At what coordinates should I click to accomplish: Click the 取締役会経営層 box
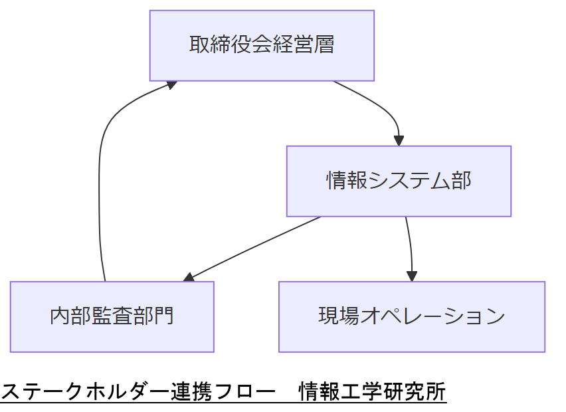pyautogui.click(x=262, y=45)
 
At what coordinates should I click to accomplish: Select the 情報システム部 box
pyautogui.click(x=399, y=181)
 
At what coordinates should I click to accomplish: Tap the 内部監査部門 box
pyautogui.click(x=112, y=316)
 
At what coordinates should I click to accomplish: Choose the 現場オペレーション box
pyautogui.click(x=411, y=316)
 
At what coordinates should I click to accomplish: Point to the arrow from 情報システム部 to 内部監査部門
pyautogui.click(x=252, y=247)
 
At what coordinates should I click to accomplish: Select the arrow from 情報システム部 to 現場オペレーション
pyautogui.click(x=411, y=246)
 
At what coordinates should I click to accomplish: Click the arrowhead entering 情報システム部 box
pyautogui.click(x=399, y=141)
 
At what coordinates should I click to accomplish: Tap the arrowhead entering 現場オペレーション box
pyautogui.click(x=412, y=276)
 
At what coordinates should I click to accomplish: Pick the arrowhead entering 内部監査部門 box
pyautogui.click(x=189, y=277)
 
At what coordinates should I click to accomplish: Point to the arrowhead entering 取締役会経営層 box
pyautogui.click(x=171, y=84)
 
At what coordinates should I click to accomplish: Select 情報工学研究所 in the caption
pyautogui.click(x=373, y=391)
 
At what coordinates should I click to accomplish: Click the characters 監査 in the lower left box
pyautogui.click(x=112, y=316)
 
